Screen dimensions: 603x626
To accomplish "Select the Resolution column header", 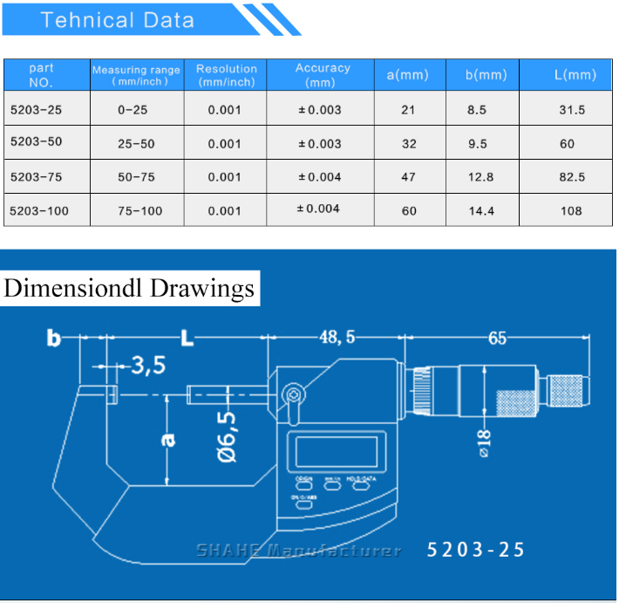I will pyautogui.click(x=226, y=75).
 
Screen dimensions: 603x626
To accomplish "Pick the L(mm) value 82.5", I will pyautogui.click(x=571, y=177).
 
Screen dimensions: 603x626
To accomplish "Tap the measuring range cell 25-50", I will pyautogui.click(x=136, y=143).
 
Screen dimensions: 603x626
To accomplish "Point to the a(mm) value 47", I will pyautogui.click(x=408, y=177).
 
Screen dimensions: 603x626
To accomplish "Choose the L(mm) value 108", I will pyautogui.click(x=571, y=210).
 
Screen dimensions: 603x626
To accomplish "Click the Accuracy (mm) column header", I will pyautogui.click(x=322, y=75).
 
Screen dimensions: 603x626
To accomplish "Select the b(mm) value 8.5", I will pyautogui.click(x=477, y=110).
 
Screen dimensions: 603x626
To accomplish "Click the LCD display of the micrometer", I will pyautogui.click(x=336, y=451).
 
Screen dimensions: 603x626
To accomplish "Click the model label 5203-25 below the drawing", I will pyautogui.click(x=476, y=550).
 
